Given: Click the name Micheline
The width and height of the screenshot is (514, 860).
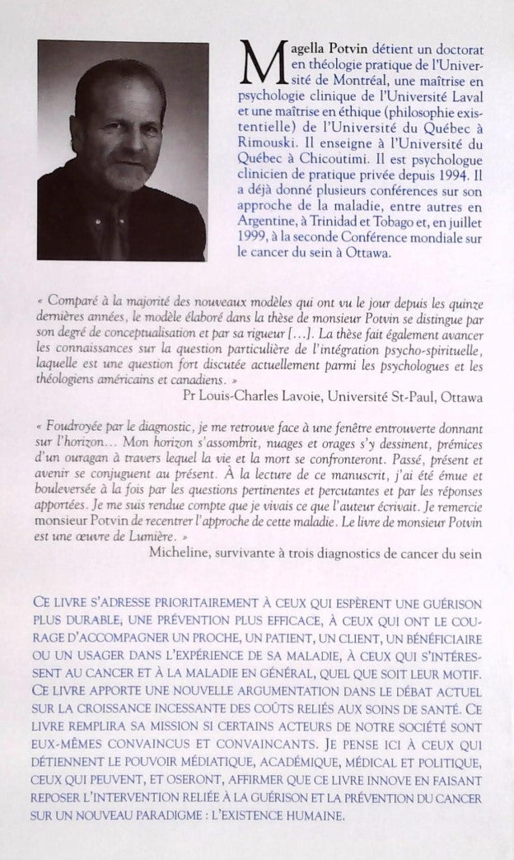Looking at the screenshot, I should [181, 552].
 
